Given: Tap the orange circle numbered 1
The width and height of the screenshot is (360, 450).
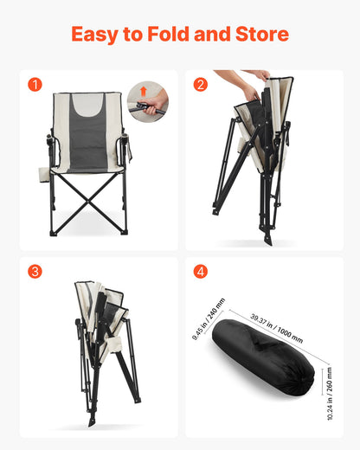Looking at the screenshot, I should point(35,85).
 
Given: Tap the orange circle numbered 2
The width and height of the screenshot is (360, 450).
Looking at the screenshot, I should point(201,85).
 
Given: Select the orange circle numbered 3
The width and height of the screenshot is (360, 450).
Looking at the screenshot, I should point(35,272).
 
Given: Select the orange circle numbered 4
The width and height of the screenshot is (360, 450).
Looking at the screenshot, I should point(201,272).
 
